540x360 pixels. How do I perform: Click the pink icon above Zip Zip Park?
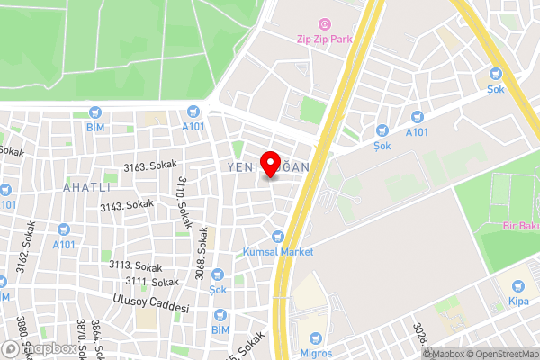coord(324,23)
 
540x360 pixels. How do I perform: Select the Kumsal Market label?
coord(278,252)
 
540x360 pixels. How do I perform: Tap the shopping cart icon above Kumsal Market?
coord(278,236)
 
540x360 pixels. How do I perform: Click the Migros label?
coord(316,340)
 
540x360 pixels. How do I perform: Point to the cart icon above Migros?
coord(316,324)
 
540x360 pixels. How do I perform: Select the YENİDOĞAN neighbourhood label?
coord(268,167)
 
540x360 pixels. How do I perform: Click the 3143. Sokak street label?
coord(127,206)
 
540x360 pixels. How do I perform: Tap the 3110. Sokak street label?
coord(183,201)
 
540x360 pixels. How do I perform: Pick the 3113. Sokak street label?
coord(135,266)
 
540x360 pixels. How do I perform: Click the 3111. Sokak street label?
coord(152,283)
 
